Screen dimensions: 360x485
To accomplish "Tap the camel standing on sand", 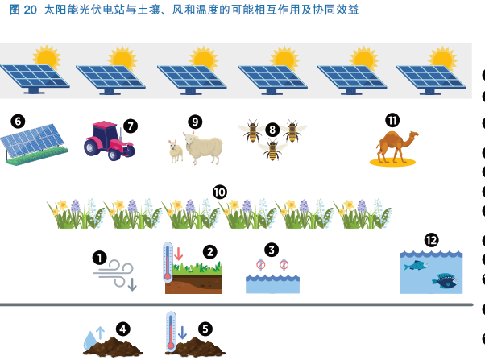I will (x=396, y=147).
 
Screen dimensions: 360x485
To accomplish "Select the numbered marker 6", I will (x=18, y=121).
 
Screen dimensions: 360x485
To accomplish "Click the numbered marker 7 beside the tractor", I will (x=131, y=126).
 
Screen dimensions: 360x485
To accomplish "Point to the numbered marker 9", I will (x=195, y=122).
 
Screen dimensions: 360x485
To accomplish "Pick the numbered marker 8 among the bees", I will (x=272, y=129).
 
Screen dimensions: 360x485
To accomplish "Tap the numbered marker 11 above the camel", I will (x=392, y=120).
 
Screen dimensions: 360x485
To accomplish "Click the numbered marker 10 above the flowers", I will (x=220, y=192).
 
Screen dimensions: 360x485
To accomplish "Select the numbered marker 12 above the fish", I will (x=431, y=239).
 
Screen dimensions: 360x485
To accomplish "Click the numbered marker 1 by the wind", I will (x=99, y=257).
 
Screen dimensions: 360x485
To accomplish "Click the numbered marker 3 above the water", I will (x=272, y=250).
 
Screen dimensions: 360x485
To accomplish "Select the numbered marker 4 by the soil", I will (x=122, y=328).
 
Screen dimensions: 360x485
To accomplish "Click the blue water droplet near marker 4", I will (x=89, y=342).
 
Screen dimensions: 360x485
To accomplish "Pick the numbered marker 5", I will (x=205, y=328).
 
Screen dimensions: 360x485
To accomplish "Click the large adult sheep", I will (x=203, y=147).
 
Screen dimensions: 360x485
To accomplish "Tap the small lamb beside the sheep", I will (x=174, y=151).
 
